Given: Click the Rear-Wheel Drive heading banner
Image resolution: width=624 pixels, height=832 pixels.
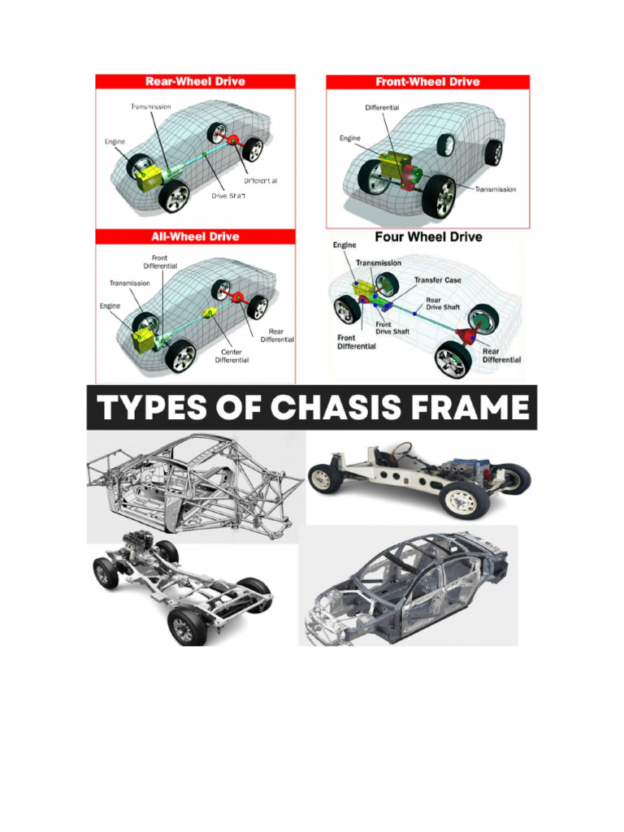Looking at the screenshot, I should pos(195,82).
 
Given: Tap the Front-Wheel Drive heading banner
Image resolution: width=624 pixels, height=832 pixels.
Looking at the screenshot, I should pos(427,82).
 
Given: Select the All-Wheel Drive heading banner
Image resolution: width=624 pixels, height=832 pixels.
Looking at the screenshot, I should pos(195,236).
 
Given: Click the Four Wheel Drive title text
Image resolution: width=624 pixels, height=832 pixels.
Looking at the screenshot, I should pos(428,237).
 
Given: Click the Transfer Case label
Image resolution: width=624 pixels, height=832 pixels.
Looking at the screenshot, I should pos(437,280).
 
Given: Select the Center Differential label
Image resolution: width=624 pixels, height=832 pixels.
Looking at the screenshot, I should pos(232,356).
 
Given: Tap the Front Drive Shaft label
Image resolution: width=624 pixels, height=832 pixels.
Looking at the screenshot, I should pos(392,327).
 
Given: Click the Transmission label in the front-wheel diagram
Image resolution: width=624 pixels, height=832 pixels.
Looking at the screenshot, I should pos(495,189).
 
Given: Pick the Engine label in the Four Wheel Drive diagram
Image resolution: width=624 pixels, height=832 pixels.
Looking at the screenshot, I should pos(345,245).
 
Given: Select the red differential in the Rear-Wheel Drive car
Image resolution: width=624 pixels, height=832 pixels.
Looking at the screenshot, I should pos(236,143).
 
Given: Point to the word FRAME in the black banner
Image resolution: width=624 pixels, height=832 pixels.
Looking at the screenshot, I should pos(469,407).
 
